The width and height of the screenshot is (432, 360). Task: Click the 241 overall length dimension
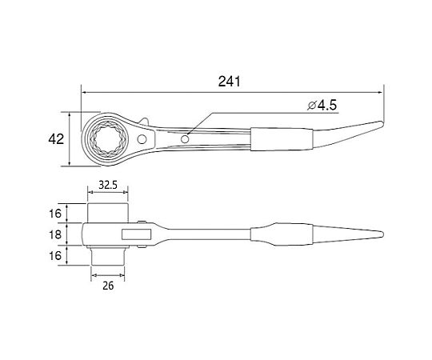230,82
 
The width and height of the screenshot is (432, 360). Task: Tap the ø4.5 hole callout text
322,106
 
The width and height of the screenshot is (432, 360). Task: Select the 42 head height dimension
56,139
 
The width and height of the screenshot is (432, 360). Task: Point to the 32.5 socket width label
108,185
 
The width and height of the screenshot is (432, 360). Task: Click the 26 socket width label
108,286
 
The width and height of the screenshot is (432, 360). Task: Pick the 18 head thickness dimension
55,234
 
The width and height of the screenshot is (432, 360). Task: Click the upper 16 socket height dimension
55,213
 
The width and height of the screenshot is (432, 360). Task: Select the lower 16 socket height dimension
55,256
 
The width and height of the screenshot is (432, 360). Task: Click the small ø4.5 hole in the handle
185,139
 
